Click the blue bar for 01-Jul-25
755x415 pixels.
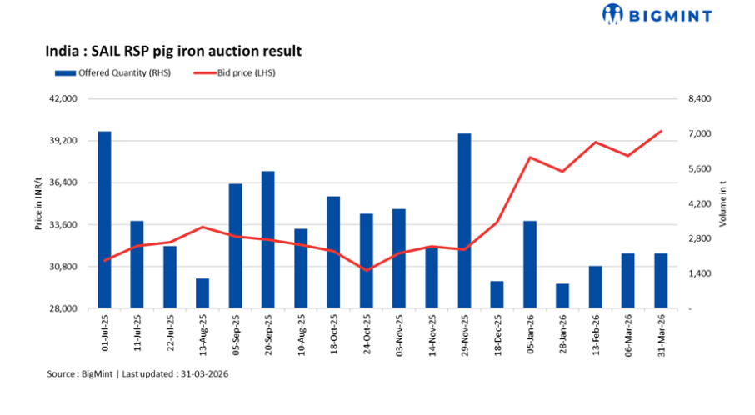[104, 220]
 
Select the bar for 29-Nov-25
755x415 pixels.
[464, 221]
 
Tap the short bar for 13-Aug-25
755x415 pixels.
[202, 293]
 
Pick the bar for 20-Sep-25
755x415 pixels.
[267, 240]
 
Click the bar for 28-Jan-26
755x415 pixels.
[562, 296]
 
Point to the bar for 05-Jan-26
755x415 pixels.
[530, 264]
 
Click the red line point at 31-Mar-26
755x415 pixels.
[661, 131]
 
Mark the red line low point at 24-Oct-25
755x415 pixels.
[366, 270]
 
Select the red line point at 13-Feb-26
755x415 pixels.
[596, 142]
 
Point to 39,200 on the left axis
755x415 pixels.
[63, 141]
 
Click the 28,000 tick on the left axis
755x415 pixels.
[63, 309]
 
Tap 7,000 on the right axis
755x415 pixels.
[697, 134]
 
